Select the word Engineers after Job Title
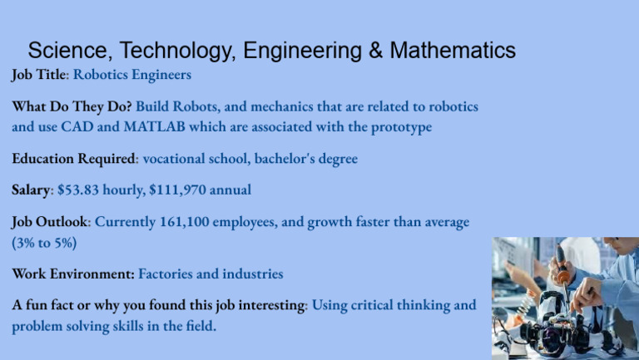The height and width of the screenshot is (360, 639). coord(161,75)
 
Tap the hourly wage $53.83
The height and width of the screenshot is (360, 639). coord(79,190)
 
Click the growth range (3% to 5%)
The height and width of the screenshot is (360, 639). coord(44,243)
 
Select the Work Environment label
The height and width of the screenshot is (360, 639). coord(72,274)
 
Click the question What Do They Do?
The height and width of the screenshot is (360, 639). coord(72,107)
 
